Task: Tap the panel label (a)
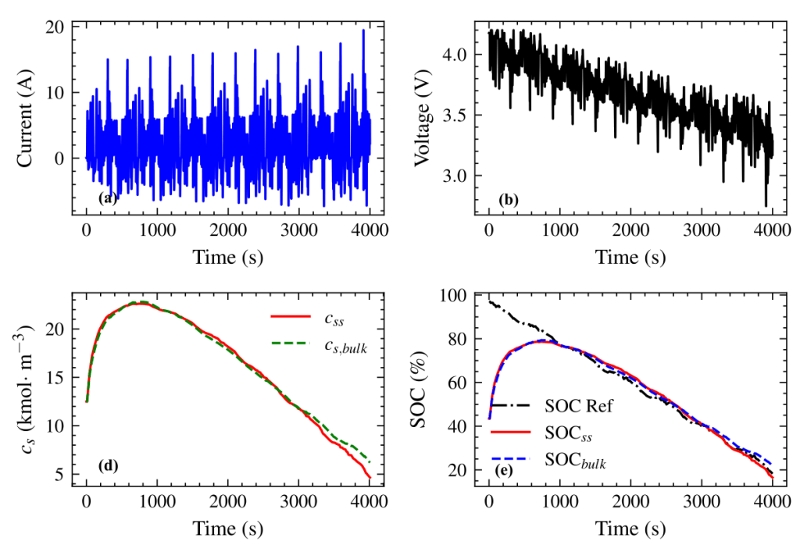pyautogui.click(x=107, y=198)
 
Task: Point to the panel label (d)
pyautogui.click(x=107, y=467)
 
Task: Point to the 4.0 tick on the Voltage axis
pyautogui.click(x=455, y=55)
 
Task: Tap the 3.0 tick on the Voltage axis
pyautogui.click(x=455, y=176)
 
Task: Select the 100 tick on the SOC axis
pyautogui.click(x=452, y=296)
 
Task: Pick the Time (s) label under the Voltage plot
pyautogui.click(x=630, y=257)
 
